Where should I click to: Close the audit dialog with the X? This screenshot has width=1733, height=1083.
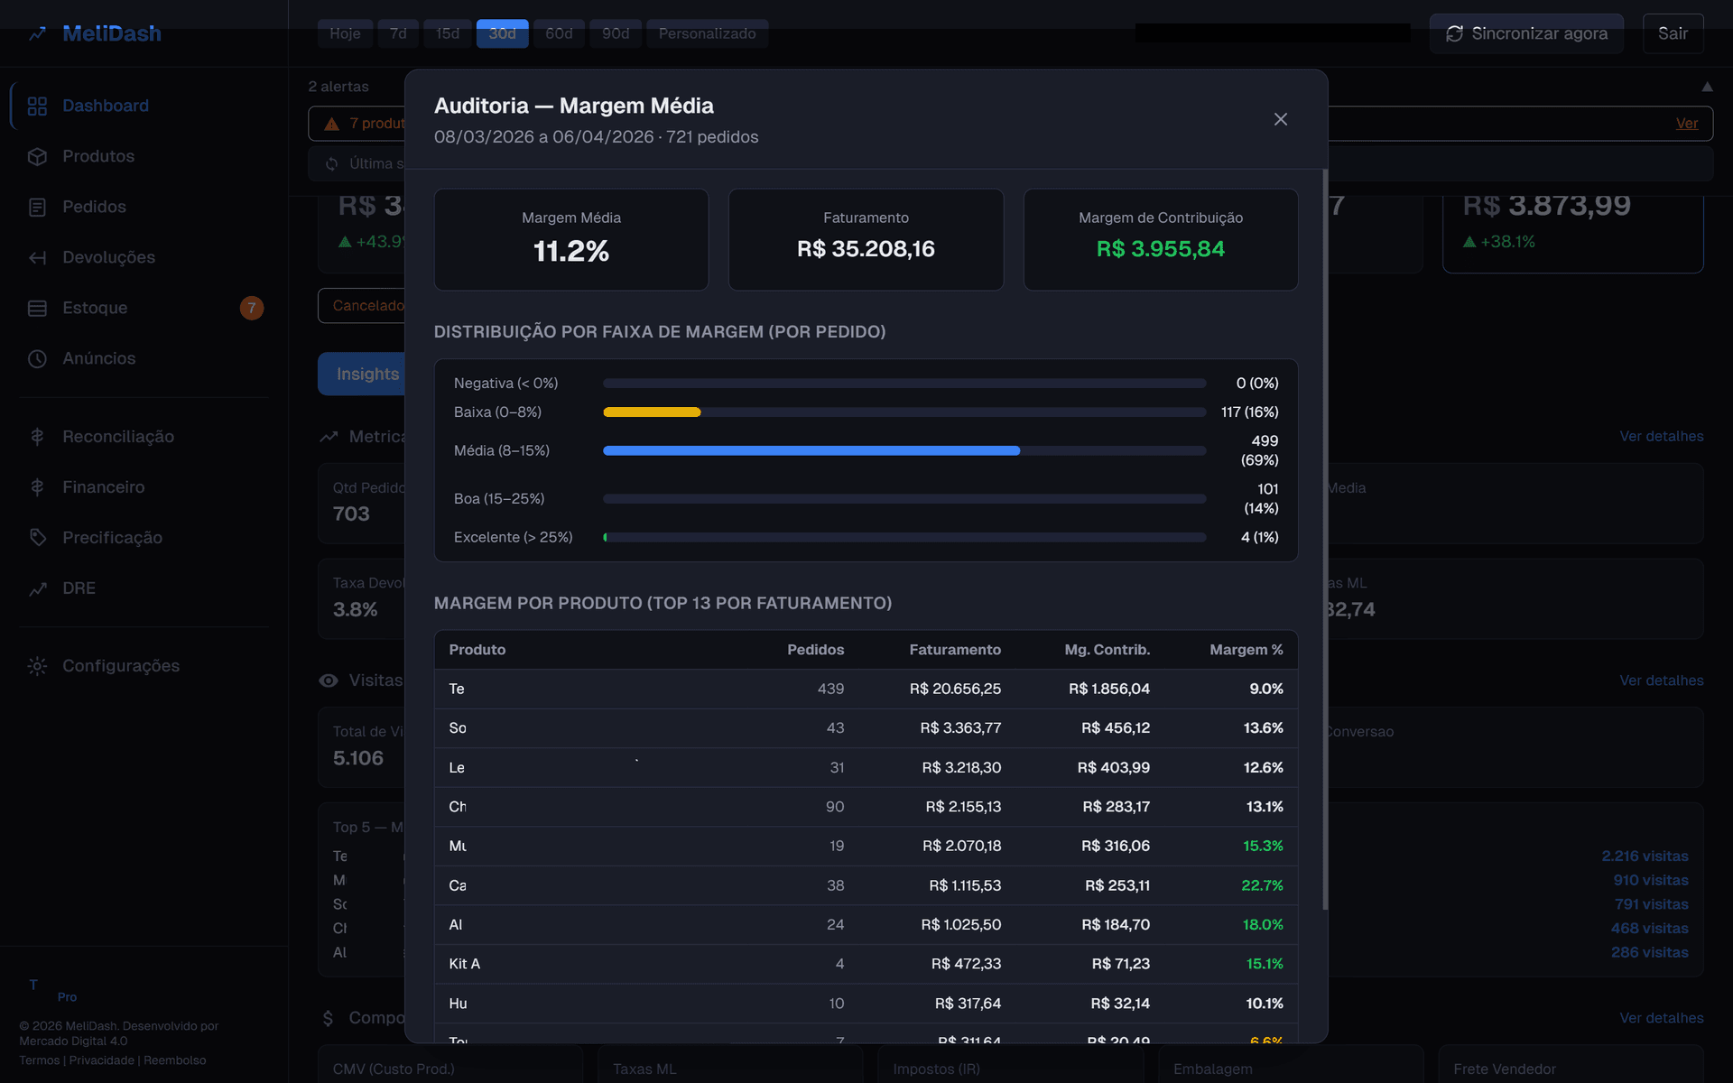click(1280, 119)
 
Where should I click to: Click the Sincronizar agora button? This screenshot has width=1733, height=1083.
click(1526, 33)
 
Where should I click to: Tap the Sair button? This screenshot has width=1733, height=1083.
click(1673, 33)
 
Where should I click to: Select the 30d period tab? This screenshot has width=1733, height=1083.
click(502, 33)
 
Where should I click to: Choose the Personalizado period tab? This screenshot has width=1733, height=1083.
click(707, 33)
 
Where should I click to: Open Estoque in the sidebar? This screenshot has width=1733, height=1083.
click(95, 308)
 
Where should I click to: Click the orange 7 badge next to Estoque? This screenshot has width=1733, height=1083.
click(252, 308)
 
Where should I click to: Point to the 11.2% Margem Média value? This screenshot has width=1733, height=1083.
click(571, 251)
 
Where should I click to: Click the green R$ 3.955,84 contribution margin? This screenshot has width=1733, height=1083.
click(1160, 249)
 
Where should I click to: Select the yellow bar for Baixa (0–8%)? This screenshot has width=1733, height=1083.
click(652, 412)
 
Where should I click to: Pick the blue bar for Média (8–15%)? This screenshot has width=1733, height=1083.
click(811, 450)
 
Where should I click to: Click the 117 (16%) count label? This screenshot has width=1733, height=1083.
click(1249, 412)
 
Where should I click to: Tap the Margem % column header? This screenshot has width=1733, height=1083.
click(1246, 650)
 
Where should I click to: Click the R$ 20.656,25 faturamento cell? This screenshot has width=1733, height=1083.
click(955, 689)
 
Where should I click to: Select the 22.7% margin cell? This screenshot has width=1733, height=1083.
click(1262, 885)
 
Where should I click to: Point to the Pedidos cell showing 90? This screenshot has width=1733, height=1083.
click(835, 807)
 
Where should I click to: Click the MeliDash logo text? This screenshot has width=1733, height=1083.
click(112, 33)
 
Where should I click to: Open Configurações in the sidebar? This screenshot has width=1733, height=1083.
click(121, 666)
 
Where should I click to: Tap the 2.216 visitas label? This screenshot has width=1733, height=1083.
click(1645, 856)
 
